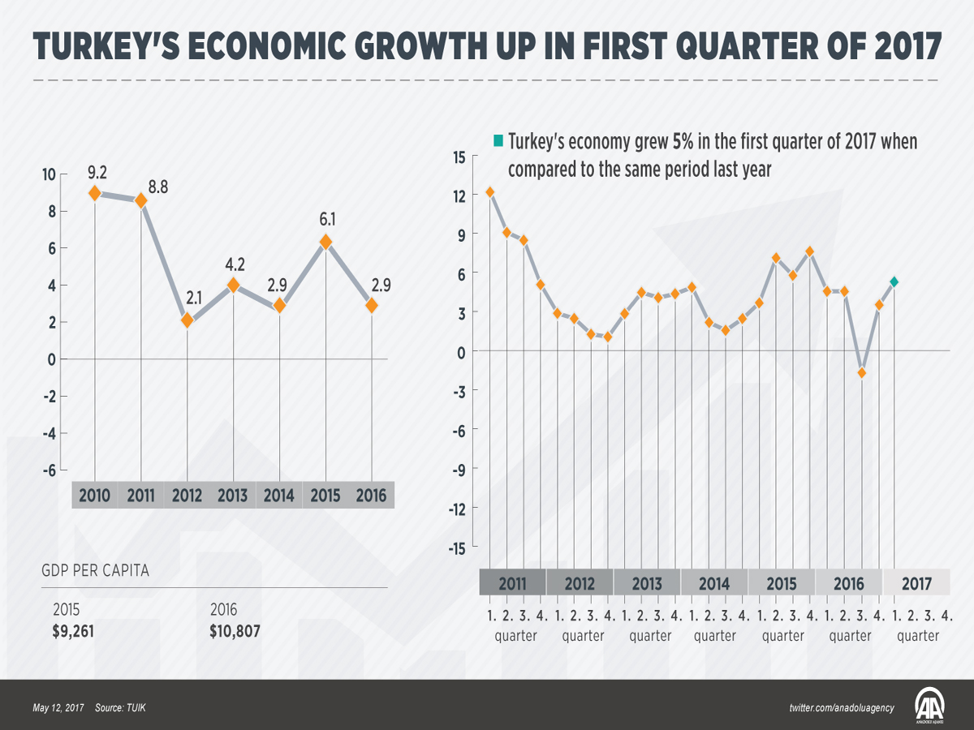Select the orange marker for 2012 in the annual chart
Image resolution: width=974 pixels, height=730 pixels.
coord(187,320)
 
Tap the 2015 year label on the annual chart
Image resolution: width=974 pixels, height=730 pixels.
coord(325,496)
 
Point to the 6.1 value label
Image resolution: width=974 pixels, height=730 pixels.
coord(325,220)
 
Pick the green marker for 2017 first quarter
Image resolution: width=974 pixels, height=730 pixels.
coord(894,281)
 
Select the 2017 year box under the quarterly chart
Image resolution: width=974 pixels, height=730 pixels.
coord(916,583)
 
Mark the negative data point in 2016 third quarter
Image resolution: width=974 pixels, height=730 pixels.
coord(862,372)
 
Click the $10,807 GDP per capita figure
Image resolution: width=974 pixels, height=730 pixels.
coord(235,630)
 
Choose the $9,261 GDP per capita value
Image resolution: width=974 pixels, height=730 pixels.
coord(73,630)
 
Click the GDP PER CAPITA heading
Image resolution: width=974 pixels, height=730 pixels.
coord(95,570)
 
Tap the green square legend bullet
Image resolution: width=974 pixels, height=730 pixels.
coord(498,141)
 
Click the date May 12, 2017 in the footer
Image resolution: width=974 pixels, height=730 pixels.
coord(58,708)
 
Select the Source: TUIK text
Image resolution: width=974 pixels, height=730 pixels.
coord(120,708)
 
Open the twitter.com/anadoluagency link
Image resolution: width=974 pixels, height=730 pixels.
coord(841,708)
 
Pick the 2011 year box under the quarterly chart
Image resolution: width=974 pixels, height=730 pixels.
coord(512,583)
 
